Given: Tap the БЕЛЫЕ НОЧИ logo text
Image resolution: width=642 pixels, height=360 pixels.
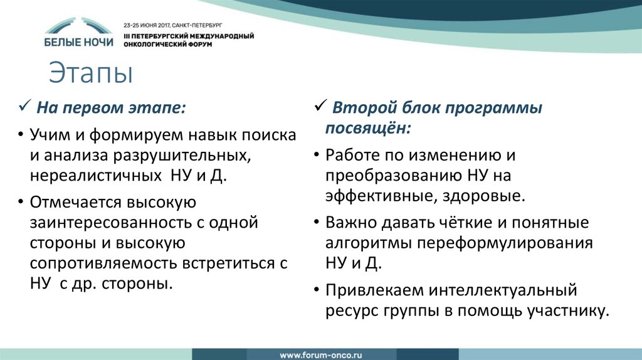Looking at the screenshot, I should point(79,42).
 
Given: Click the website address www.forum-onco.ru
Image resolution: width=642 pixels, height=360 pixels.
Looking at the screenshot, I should point(320,352).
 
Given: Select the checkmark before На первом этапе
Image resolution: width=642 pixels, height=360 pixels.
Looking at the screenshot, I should point(24,107).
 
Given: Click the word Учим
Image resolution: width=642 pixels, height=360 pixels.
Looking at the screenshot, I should point(48,135).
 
